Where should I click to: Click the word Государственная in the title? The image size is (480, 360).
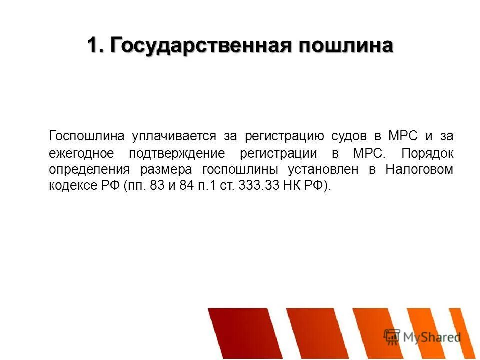(201, 46)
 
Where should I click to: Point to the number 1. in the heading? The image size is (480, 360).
(95, 46)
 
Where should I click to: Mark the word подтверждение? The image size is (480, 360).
(177, 153)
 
